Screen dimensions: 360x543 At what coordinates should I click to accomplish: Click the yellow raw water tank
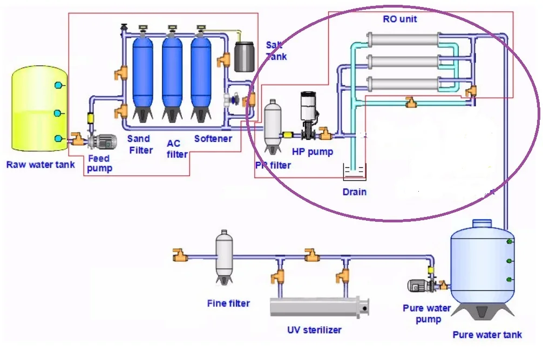coord(37,108)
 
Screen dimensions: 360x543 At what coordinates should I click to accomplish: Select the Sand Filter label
coord(140,144)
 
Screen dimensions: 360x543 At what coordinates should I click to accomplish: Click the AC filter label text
coord(176,149)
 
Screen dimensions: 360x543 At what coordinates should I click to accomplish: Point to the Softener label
coord(213,139)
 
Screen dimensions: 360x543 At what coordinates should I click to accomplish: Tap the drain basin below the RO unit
coord(354,173)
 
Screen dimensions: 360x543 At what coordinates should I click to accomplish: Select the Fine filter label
coord(228,303)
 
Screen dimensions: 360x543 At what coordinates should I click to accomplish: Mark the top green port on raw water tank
coord(58,85)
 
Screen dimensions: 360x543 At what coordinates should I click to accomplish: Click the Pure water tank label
coord(487,335)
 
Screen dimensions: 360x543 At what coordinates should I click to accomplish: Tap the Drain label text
coord(354,192)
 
